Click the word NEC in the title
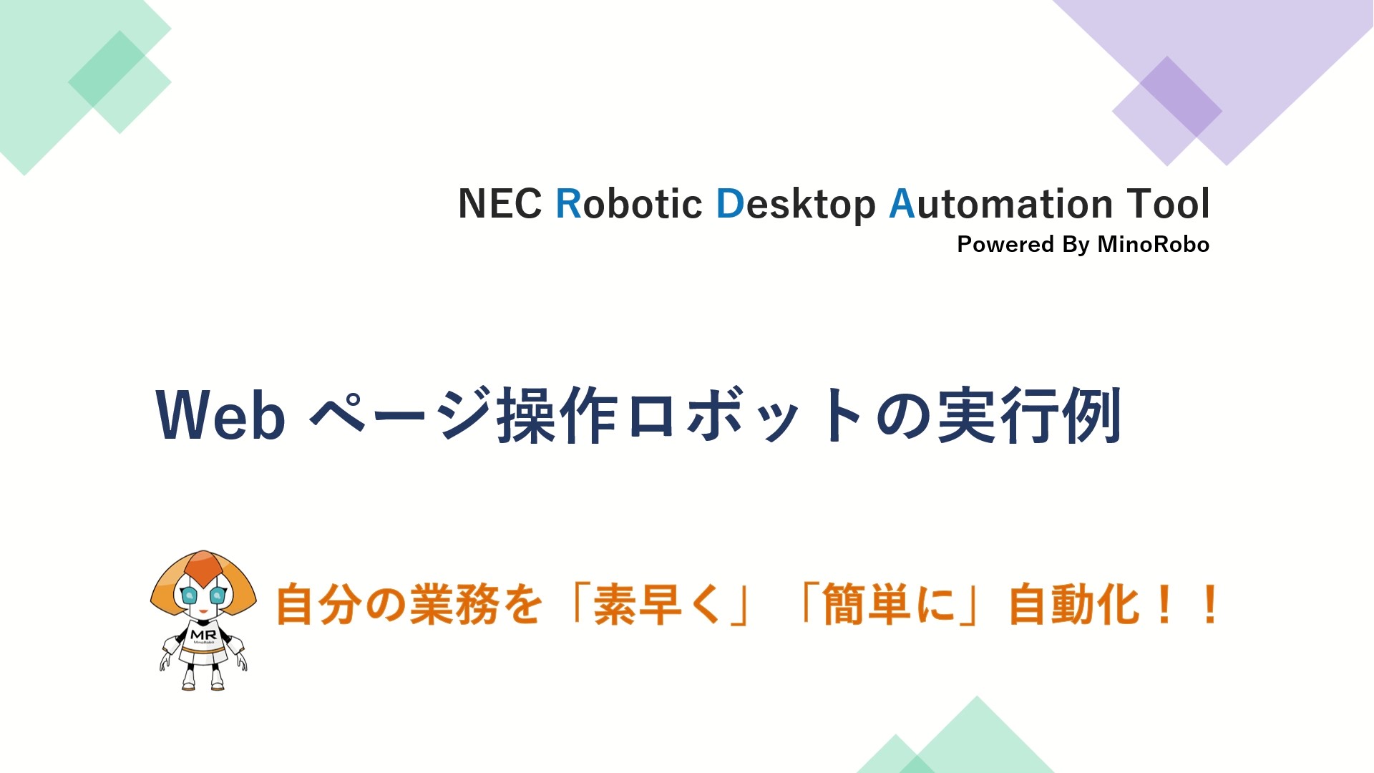(500, 204)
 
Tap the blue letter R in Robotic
(569, 204)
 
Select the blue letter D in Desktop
(731, 204)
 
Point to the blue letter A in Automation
(902, 204)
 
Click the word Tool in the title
(1169, 204)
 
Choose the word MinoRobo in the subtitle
(1154, 245)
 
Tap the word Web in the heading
(220, 415)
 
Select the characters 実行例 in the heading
(1029, 415)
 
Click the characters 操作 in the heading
(557, 415)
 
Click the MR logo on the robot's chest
(203, 635)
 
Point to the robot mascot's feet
(203, 683)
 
